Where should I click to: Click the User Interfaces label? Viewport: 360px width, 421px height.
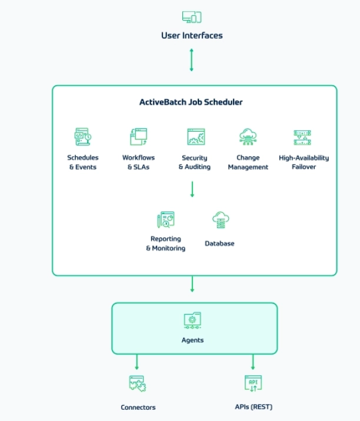tap(192, 35)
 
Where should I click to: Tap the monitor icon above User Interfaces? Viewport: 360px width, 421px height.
tap(192, 16)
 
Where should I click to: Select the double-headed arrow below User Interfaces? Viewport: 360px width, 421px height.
tap(191, 59)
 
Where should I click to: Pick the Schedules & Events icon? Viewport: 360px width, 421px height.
tap(82, 137)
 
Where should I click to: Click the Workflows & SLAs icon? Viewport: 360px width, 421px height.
tap(138, 137)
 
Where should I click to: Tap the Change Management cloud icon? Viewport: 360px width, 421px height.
tap(248, 137)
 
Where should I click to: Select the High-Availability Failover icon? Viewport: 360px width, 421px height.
tap(302, 138)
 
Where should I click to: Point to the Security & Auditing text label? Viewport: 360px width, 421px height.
tap(194, 162)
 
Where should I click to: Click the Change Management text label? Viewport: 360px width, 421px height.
tap(248, 162)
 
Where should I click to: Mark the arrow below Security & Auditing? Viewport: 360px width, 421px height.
tap(192, 189)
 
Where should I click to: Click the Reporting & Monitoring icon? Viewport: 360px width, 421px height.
tap(166, 220)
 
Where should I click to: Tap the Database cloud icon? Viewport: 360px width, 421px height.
tap(220, 220)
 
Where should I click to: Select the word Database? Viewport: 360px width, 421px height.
tap(219, 243)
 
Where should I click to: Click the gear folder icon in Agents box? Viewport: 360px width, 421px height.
tap(192, 320)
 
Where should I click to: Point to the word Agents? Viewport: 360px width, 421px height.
tap(192, 340)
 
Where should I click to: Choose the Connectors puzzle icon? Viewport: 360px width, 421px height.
tap(138, 384)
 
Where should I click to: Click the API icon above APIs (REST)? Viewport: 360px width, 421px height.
tap(253, 383)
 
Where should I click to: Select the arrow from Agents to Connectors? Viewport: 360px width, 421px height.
tap(137, 362)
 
